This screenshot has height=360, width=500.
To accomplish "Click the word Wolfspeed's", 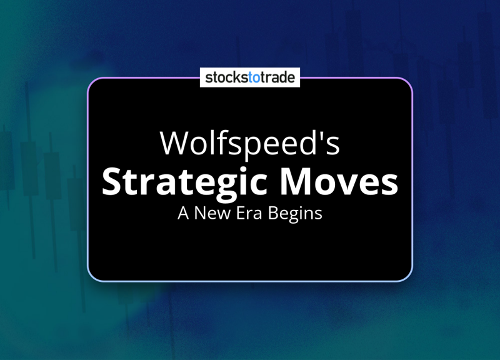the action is (250, 144).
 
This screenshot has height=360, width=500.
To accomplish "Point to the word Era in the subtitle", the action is (249, 213).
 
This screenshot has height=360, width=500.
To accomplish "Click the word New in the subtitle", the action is (212, 213).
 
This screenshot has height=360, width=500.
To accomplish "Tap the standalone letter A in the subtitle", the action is (183, 213).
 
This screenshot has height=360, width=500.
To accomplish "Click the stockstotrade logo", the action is (250, 77).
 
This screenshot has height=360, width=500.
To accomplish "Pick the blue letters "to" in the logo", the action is (254, 77).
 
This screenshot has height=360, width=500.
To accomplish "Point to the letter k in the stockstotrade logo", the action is (236, 77).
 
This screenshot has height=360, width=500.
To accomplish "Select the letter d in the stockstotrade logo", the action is (282, 77).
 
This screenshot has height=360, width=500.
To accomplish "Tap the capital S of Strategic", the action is (111, 181).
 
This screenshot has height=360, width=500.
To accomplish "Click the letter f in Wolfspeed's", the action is (219, 142).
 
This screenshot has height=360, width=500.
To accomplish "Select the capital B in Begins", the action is (273, 213).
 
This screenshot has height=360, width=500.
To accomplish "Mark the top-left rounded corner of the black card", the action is (92, 82).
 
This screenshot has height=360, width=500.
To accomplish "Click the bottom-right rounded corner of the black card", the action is (408, 277).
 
